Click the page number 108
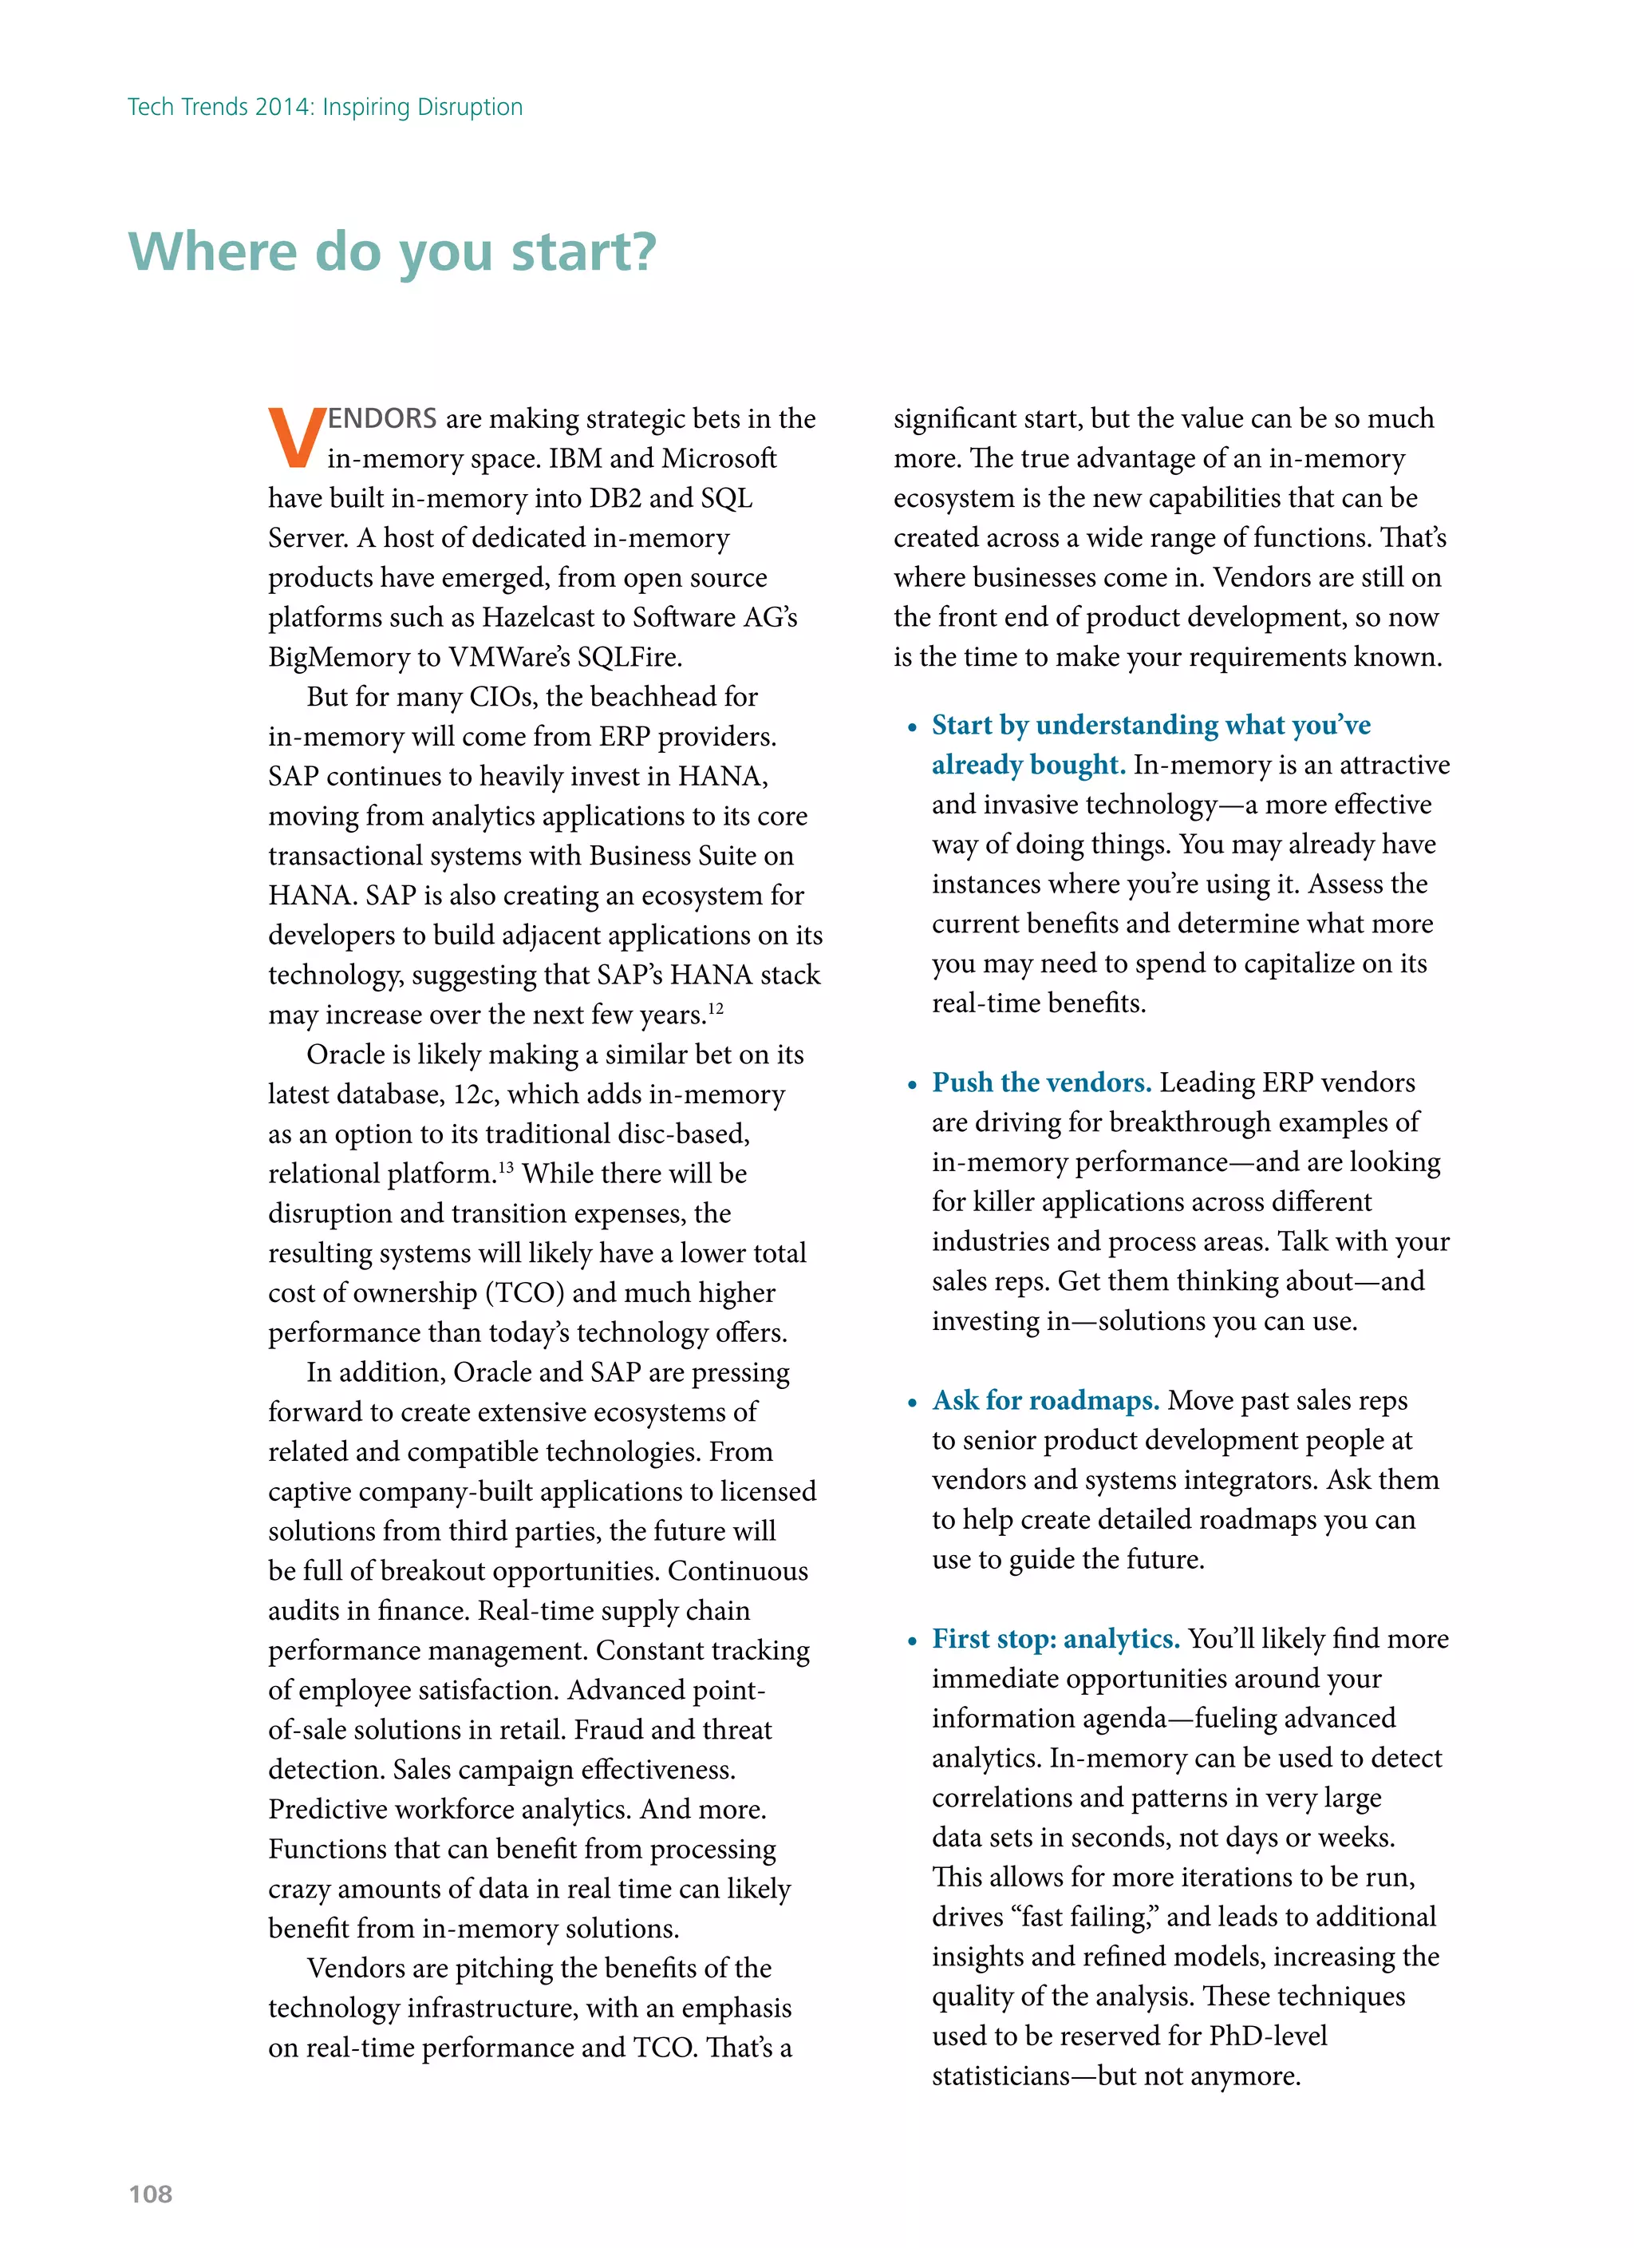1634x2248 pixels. click(x=151, y=2194)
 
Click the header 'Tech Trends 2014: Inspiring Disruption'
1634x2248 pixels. click(x=325, y=107)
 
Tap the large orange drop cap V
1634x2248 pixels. click(x=295, y=437)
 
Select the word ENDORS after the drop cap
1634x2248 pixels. click(x=382, y=418)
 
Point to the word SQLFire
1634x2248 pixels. click(x=630, y=657)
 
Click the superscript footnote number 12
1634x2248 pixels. click(x=716, y=1008)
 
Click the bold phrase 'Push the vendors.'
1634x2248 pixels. click(x=1041, y=1082)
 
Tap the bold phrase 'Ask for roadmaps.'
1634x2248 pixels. click(x=1045, y=1400)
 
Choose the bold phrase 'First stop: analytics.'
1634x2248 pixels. click(x=1056, y=1638)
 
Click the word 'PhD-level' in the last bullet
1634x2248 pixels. click(x=1267, y=2036)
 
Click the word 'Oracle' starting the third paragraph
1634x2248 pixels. click(x=349, y=1055)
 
